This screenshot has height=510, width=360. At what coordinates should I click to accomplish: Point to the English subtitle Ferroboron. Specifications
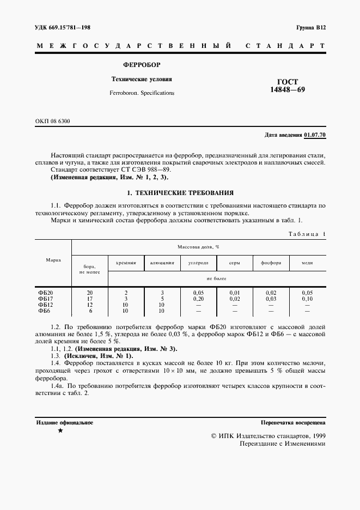click(x=142, y=93)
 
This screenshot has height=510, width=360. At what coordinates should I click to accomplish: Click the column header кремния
click(x=126, y=263)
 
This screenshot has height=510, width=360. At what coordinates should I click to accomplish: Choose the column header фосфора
click(x=271, y=263)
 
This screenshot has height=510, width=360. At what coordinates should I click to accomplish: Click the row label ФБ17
click(x=45, y=299)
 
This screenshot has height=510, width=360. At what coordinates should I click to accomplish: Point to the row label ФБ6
click(x=44, y=311)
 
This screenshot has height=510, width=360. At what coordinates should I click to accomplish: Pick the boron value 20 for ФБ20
click(x=90, y=293)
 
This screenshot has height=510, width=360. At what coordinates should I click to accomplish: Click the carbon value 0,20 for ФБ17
click(x=198, y=299)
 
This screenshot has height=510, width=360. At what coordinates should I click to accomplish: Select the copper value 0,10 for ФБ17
click(x=307, y=299)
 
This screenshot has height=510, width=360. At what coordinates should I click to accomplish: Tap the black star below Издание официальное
click(x=60, y=430)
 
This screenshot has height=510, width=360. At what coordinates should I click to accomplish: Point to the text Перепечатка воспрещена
click(x=293, y=422)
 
